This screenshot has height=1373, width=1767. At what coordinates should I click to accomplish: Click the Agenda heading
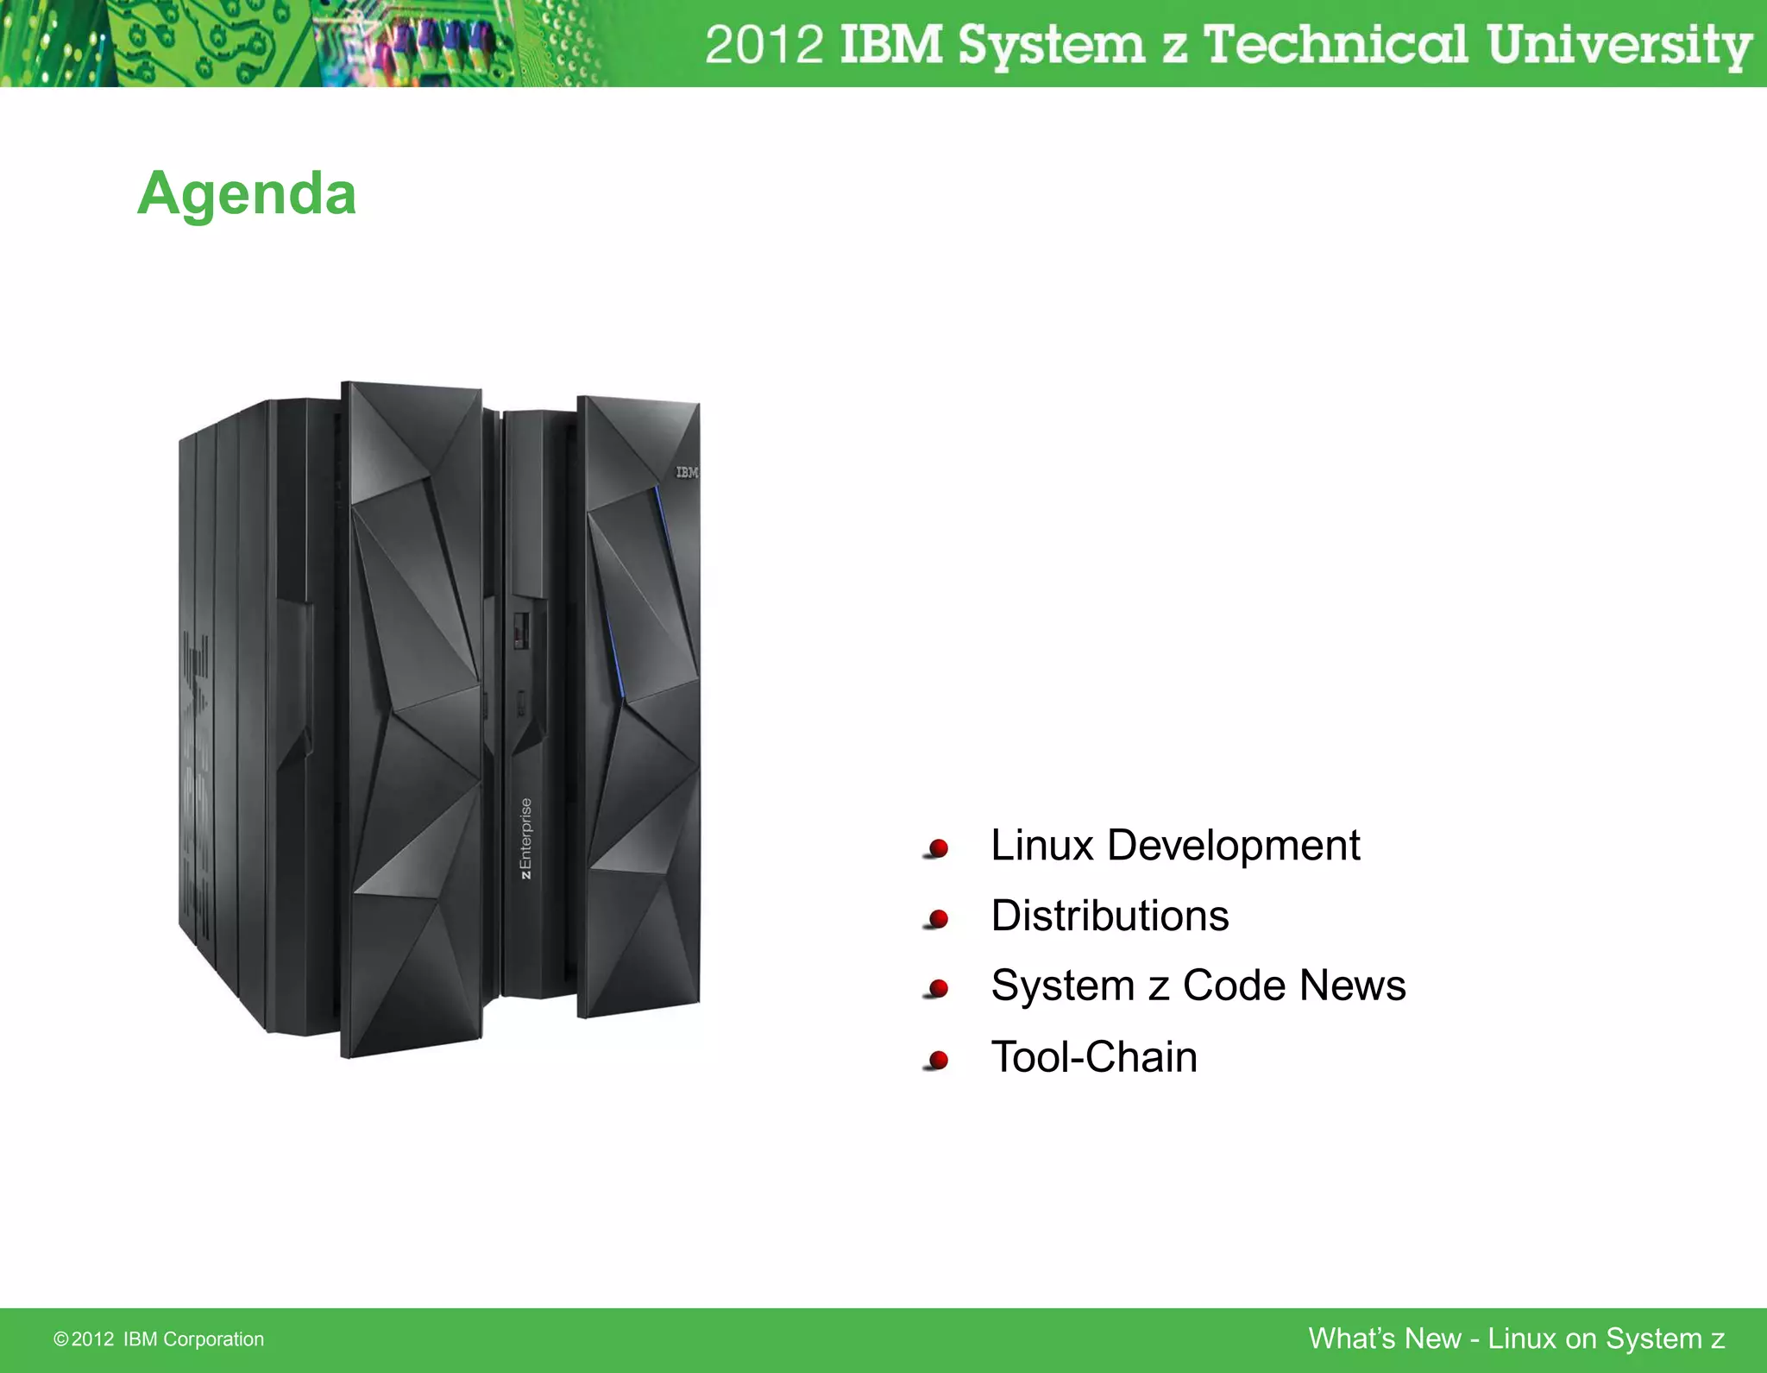247,193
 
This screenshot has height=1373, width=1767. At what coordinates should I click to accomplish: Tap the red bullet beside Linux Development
938,848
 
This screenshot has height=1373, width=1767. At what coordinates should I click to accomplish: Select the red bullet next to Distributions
938,919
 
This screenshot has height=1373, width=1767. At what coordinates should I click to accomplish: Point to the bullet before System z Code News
938,989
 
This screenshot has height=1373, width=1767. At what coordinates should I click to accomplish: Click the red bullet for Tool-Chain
938,1060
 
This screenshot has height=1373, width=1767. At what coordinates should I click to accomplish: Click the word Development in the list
1233,846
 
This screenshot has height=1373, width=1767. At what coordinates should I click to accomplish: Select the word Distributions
1110,916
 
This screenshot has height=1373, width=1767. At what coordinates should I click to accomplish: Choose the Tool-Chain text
1094,1057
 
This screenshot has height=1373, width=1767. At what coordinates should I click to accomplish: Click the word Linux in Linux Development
1041,845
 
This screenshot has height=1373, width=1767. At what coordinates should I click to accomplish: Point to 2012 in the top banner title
764,45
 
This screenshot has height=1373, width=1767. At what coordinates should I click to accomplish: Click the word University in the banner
1619,45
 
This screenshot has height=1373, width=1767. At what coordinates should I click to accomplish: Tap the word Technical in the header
1335,45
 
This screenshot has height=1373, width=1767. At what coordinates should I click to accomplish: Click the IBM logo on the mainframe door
687,472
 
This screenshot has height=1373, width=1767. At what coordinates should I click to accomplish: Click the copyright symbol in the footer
60,1339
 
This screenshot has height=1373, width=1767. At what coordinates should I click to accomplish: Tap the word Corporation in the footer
213,1339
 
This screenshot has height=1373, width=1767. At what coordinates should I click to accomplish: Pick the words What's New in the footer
1384,1338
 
